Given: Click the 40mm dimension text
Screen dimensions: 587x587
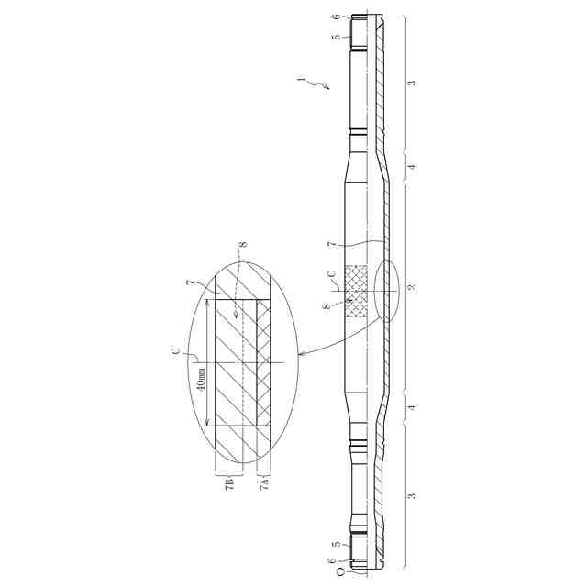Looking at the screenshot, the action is pos(202,380).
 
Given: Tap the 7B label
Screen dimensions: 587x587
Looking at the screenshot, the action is pos(230,483).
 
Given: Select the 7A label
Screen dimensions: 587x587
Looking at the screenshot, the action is pos(264,483).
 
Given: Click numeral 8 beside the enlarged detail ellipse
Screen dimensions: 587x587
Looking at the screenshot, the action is pos(243,245).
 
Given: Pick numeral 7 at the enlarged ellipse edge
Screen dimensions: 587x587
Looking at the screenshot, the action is pos(191,283).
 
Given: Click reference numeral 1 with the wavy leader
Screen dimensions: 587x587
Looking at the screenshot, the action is pos(300,80).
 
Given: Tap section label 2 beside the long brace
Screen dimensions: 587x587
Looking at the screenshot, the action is pos(412,287).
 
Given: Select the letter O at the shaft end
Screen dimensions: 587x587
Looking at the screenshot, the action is pos(340,572).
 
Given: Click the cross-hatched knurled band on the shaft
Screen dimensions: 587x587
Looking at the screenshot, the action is pos(356,292).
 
